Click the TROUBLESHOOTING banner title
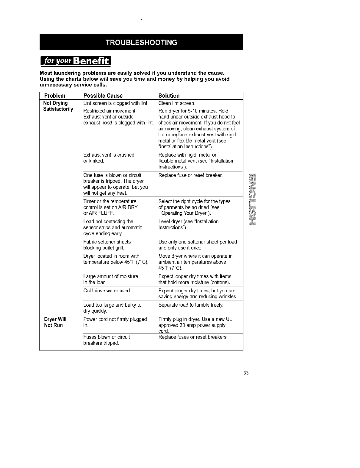coord(141,42)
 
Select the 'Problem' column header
coord(54,96)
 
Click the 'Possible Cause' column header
coord(103,96)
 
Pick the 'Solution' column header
coord(169,96)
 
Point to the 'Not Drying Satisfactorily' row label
coord(58,106)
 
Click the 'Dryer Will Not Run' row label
coord(55,322)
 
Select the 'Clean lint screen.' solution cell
coord(177,103)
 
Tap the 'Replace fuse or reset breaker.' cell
coord(190,175)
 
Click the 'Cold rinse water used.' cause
coord(107,291)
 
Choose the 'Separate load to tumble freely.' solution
coord(191,305)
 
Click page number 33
coord(246,373)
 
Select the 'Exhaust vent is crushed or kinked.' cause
coord(109,158)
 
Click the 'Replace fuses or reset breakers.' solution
coord(193,337)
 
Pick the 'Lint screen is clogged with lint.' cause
coord(116,103)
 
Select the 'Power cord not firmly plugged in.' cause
coord(115,322)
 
